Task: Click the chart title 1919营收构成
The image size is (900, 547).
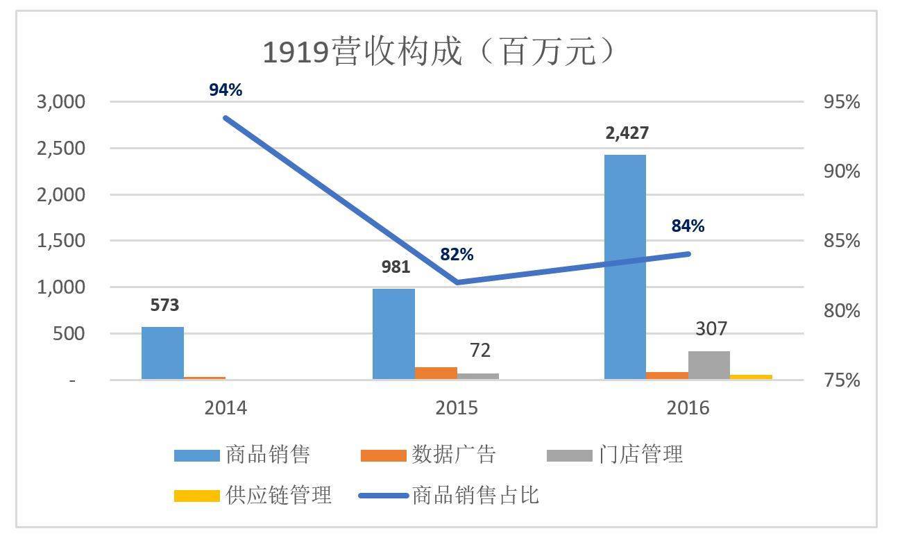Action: click(x=439, y=51)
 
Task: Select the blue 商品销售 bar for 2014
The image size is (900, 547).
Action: click(x=162, y=353)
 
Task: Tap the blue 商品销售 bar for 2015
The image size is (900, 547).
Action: click(x=393, y=334)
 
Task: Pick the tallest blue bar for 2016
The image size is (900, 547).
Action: click(x=625, y=267)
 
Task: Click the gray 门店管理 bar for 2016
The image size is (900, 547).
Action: click(x=709, y=365)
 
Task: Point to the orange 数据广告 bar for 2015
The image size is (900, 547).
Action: click(x=436, y=373)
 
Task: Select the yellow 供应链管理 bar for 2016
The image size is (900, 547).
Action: click(x=751, y=377)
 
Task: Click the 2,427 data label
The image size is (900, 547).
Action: click(x=627, y=133)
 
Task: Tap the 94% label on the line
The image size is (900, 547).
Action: click(x=226, y=90)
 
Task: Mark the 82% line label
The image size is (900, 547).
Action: click(x=457, y=255)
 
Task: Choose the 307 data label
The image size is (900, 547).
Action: click(x=711, y=328)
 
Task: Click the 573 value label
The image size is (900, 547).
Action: click(x=164, y=305)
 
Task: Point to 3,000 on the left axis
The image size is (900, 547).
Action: click(x=60, y=102)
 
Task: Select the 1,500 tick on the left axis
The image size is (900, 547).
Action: click(x=60, y=241)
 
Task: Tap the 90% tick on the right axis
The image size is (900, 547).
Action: click(x=841, y=171)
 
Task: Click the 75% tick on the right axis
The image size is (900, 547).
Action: click(x=841, y=380)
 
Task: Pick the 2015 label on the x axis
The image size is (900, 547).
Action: click(x=457, y=407)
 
